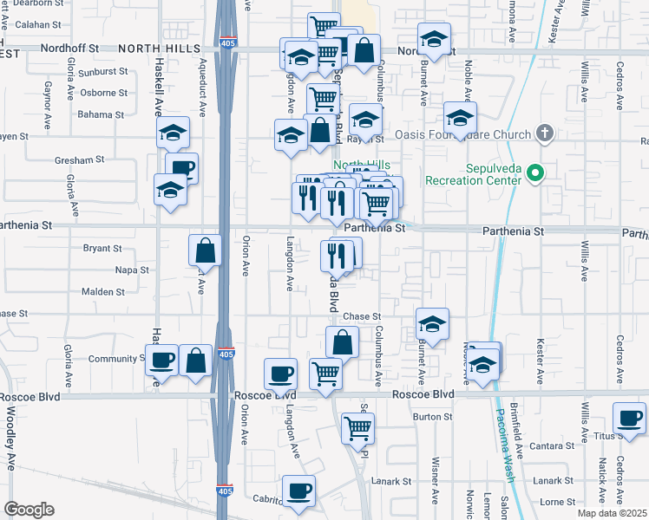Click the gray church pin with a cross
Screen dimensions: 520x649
pos(544,133)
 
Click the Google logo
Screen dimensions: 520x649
pos(29,510)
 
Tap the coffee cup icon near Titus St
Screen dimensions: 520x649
pos(629,419)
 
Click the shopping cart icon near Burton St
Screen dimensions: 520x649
pos(357,427)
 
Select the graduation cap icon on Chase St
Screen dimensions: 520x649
pos(432,324)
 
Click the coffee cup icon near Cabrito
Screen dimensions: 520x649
pos(298,490)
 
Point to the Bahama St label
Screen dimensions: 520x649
pos(102,114)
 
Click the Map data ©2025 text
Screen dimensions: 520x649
pos(612,513)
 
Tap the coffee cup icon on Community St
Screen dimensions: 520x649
pos(161,359)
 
